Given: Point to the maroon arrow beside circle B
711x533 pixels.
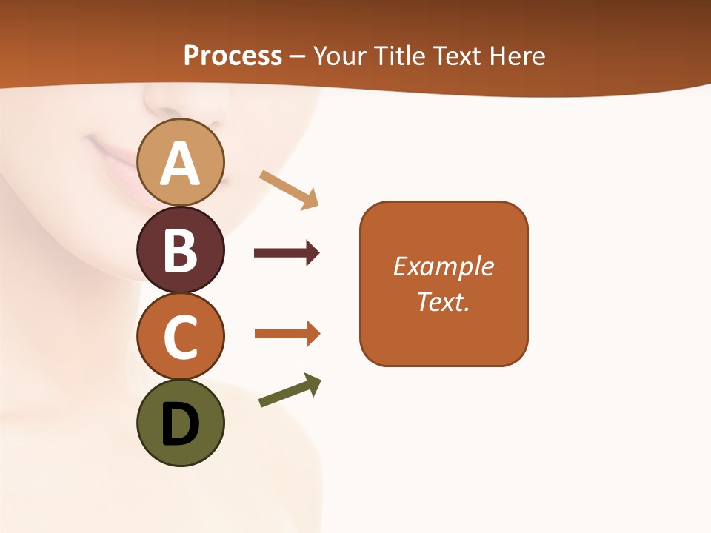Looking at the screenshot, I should click(287, 253).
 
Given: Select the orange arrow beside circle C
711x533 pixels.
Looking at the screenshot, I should click(287, 334).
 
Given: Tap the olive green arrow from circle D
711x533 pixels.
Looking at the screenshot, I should click(290, 391).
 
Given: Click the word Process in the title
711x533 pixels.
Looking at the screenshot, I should click(233, 56).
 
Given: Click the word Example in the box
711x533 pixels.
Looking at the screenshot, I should click(444, 266).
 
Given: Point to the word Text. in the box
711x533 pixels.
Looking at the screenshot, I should click(444, 301).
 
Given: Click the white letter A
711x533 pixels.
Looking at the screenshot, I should click(181, 164).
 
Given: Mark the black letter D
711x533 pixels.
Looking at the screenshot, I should click(181, 425).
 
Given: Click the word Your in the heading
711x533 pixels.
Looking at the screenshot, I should click(340, 56).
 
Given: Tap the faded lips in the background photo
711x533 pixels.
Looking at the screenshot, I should click(111, 159).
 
